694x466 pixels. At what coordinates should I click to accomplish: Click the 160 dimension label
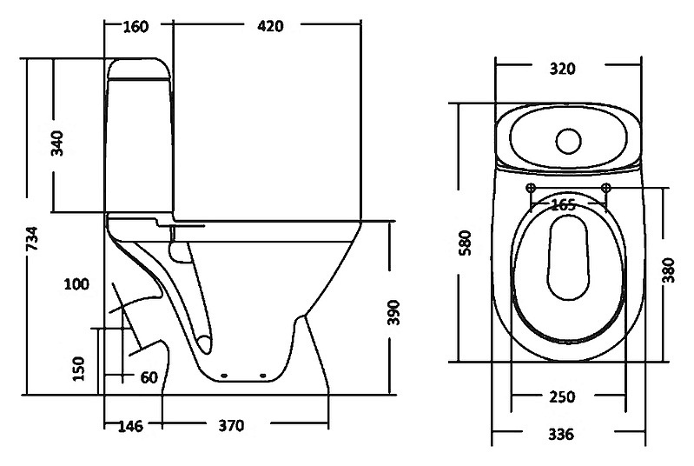point(135,27)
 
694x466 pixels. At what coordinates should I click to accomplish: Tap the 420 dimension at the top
point(270,26)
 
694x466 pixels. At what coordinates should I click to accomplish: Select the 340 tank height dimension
point(57,143)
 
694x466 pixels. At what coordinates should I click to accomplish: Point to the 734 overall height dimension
point(32,239)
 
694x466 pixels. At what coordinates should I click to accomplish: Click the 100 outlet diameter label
point(76,284)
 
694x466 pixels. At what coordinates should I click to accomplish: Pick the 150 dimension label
point(78,369)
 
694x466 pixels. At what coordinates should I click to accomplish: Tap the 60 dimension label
point(149,378)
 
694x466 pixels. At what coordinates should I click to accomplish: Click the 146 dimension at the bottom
point(131,426)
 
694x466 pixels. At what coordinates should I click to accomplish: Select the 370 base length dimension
point(232,426)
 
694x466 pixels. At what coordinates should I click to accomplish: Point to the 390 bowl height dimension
point(393,312)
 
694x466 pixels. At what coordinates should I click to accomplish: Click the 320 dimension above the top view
point(563,69)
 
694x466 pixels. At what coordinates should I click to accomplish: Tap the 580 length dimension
point(466,243)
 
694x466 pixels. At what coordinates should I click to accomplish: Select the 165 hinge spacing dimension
point(564,204)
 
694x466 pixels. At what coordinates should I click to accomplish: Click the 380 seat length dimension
point(668,270)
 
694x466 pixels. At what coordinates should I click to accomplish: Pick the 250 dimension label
point(562,397)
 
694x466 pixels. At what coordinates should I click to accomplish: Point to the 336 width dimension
point(561,435)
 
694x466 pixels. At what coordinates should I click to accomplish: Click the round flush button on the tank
point(569,141)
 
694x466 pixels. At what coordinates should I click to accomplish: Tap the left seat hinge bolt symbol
point(531,188)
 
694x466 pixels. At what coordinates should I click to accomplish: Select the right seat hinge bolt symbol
point(606,188)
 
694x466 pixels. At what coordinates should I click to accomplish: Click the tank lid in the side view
point(139,69)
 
